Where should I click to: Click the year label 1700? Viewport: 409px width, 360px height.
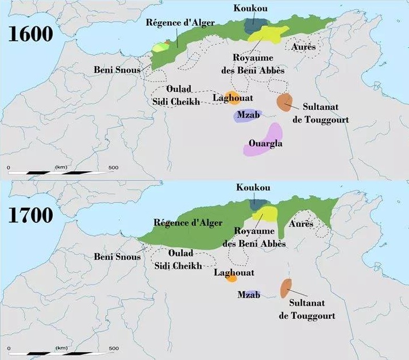pyautogui.click(x=30, y=215)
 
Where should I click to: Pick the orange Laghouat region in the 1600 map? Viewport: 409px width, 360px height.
pyautogui.click(x=231, y=97)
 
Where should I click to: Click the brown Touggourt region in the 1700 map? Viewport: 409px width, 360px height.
pyautogui.click(x=285, y=288)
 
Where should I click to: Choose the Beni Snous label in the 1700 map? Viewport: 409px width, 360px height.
pyautogui.click(x=117, y=257)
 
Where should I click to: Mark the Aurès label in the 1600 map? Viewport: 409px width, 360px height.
pyautogui.click(x=303, y=47)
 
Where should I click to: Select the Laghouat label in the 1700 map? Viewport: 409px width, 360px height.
pyautogui.click(x=233, y=273)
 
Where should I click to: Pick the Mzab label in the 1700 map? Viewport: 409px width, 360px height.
pyautogui.click(x=248, y=295)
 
